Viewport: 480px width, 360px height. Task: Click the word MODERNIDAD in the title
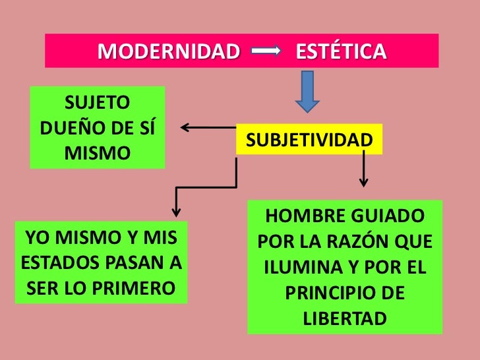169,51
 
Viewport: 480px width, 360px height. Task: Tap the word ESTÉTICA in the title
341,51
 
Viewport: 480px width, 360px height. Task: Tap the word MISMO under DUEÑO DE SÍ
98,153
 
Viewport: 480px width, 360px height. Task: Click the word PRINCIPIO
328,293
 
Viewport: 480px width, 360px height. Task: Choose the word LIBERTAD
344,318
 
